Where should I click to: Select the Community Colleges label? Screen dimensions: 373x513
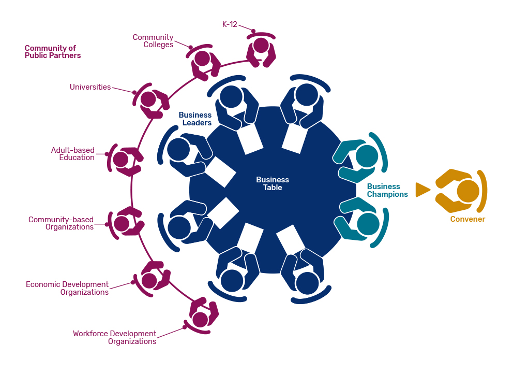coord(153,41)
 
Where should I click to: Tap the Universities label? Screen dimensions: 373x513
coord(90,87)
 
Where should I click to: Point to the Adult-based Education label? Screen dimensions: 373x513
coord(72,154)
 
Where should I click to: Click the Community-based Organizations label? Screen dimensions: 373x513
coord(61,223)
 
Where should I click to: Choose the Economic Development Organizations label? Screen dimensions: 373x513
coord(67,288)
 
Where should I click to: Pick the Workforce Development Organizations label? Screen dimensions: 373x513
coord(114,337)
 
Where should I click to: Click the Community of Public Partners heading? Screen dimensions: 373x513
coord(53,52)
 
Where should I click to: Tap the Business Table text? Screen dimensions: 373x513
coord(273,183)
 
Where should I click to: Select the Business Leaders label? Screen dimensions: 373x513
coord(195,119)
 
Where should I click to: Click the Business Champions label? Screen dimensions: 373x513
coord(387,190)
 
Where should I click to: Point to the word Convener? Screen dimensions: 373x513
coord(467,219)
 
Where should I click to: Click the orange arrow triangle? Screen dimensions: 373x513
coord(422,190)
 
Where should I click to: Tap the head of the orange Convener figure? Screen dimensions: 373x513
coord(468,191)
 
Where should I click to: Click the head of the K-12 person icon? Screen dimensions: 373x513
coord(261,45)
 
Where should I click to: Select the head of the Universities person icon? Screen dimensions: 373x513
coord(148,98)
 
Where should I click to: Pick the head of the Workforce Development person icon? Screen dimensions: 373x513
coord(200,318)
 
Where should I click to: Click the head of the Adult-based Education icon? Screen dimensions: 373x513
coord(121,159)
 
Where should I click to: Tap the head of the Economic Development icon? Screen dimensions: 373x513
coord(149,281)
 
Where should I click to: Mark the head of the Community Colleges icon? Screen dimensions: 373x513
coord(202,58)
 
